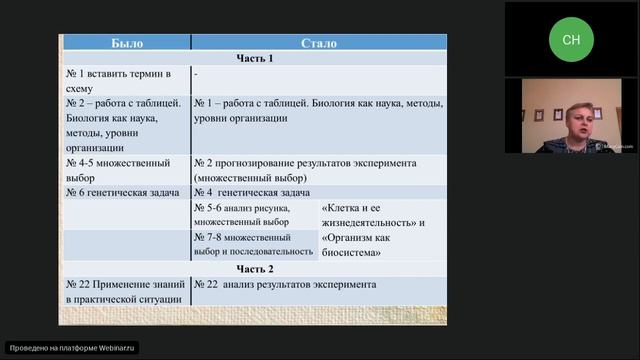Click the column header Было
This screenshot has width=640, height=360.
(x=127, y=43)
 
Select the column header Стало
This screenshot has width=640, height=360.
(x=318, y=43)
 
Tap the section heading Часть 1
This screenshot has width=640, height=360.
(x=255, y=58)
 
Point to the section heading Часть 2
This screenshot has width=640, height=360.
(x=255, y=269)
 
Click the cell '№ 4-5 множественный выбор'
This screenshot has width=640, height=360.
(x=120, y=169)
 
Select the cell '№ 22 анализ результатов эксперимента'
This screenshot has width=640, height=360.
(x=285, y=285)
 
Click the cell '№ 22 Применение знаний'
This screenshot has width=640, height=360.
(x=123, y=293)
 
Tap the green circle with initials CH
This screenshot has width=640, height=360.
(x=571, y=39)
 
